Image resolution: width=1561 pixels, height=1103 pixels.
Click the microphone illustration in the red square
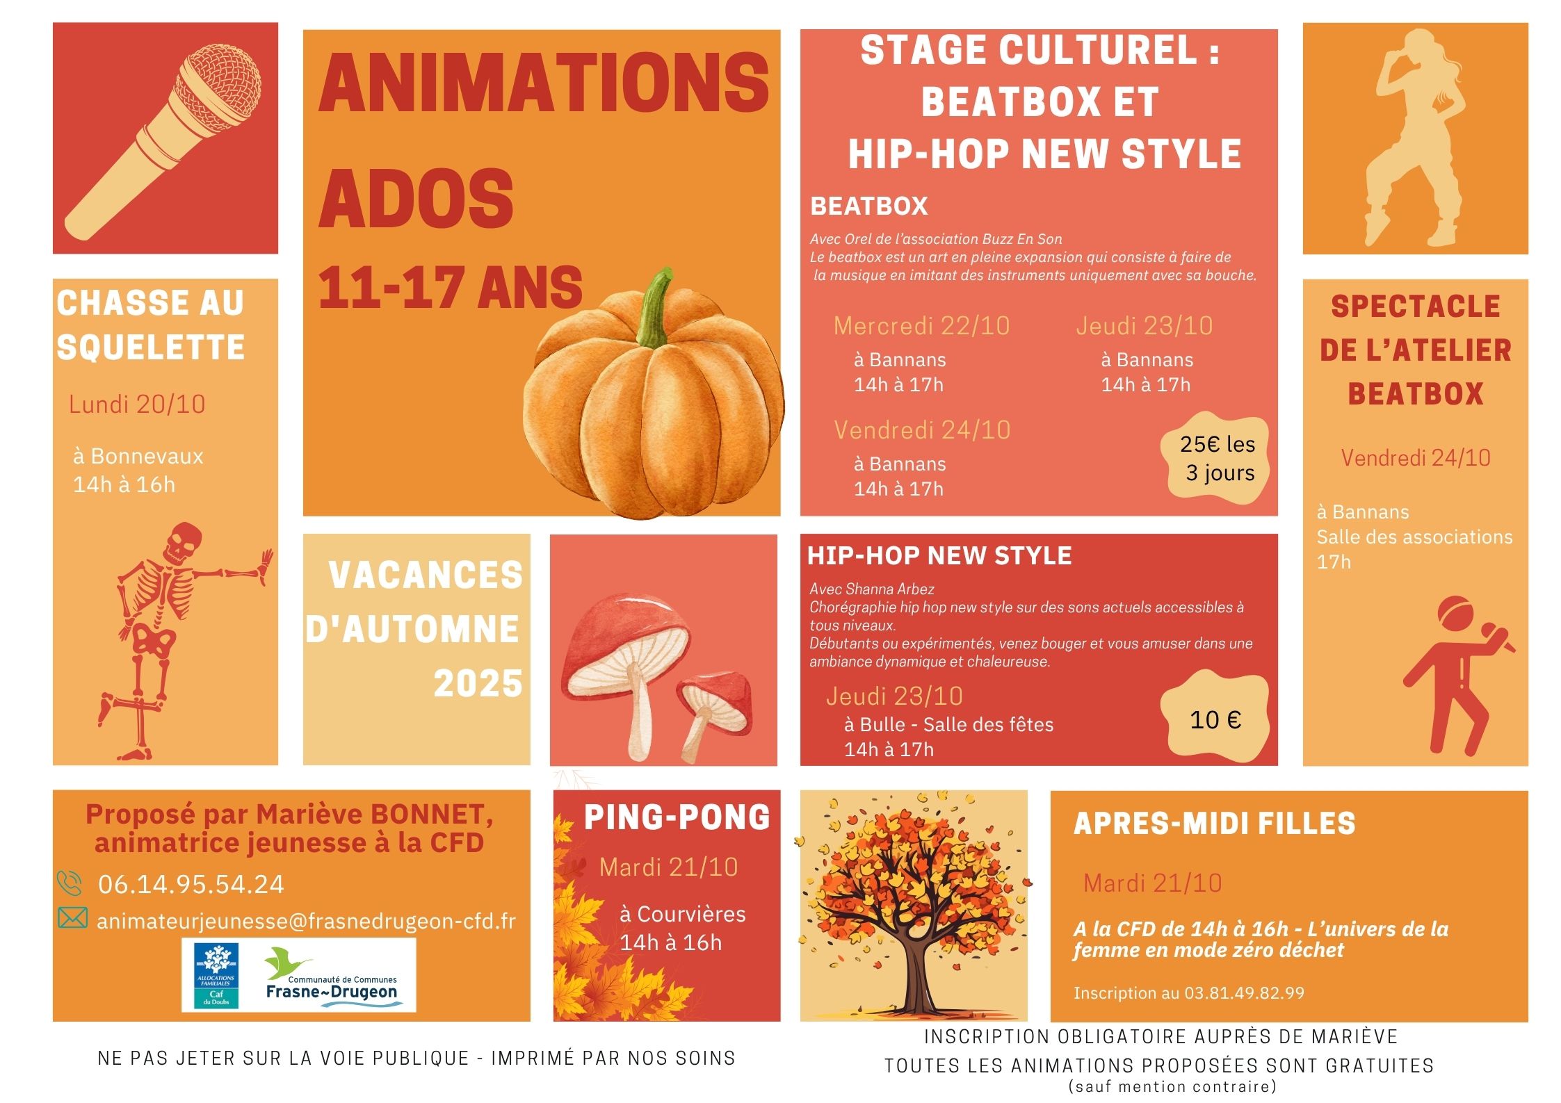click(x=164, y=139)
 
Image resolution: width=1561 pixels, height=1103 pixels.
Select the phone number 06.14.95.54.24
click(x=191, y=884)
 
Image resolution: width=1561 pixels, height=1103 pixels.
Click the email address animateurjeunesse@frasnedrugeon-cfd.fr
click(x=307, y=921)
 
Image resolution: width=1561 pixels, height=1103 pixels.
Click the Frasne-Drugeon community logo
click(x=332, y=974)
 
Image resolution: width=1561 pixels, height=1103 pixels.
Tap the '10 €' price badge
click(x=1215, y=719)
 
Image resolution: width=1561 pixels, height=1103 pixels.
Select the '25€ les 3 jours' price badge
click(x=1217, y=458)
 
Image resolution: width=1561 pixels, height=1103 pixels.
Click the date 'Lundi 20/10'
click(x=137, y=405)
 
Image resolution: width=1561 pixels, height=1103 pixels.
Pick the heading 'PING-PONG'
click(x=677, y=817)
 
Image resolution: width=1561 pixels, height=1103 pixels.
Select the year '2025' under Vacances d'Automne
click(x=478, y=684)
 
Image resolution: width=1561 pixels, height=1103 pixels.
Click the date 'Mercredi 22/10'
click(x=921, y=326)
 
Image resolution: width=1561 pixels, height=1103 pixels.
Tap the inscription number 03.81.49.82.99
click(x=1244, y=992)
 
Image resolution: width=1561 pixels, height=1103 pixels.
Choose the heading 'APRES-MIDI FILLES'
click(x=1214, y=824)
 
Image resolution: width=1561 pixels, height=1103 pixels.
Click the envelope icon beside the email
click(x=72, y=918)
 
